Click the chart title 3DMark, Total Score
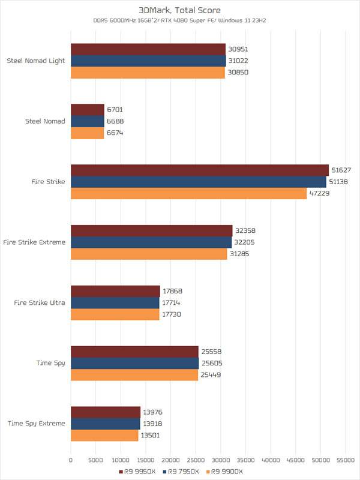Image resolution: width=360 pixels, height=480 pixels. [180, 10]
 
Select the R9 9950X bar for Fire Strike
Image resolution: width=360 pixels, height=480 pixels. [200, 170]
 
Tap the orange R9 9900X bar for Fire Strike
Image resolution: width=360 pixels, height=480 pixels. [188, 193]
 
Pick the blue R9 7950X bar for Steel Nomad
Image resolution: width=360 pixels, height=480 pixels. [88, 121]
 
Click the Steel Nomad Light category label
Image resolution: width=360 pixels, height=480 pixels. [35, 61]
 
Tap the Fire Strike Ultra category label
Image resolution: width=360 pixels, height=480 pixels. [40, 302]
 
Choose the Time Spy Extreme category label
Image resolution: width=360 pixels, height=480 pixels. [36, 424]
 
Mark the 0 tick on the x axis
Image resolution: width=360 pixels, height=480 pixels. [71, 460]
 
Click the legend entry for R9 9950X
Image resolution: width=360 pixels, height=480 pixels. [139, 472]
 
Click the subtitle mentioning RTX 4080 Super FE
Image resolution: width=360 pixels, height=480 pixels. [180, 22]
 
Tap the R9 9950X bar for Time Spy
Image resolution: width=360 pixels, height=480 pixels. [134, 352]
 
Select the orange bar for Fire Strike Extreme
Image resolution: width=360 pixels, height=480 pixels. [149, 254]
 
